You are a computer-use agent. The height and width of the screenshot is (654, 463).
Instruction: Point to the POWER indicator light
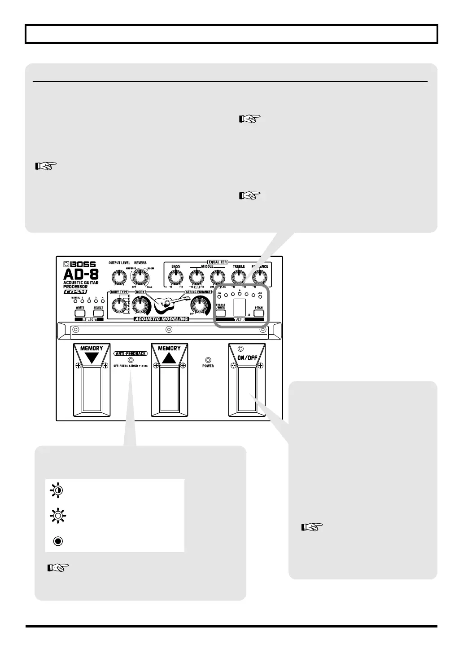pos(208,360)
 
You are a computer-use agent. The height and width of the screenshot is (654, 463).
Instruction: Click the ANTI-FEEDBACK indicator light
pos(130,360)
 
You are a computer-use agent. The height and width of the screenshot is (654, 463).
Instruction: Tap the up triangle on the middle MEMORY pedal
pos(169,358)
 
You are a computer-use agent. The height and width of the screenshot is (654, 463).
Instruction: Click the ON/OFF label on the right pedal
pos(247,358)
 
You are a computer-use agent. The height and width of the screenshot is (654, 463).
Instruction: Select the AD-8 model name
pos(81,274)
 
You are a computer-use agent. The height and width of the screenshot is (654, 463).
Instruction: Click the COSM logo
pos(75,292)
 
